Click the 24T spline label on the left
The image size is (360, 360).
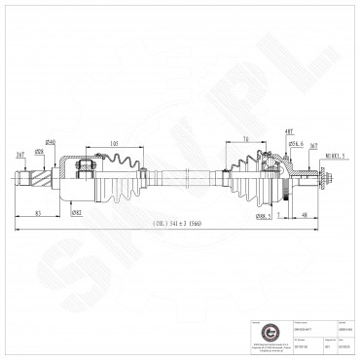21,154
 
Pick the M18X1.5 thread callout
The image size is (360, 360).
337,154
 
